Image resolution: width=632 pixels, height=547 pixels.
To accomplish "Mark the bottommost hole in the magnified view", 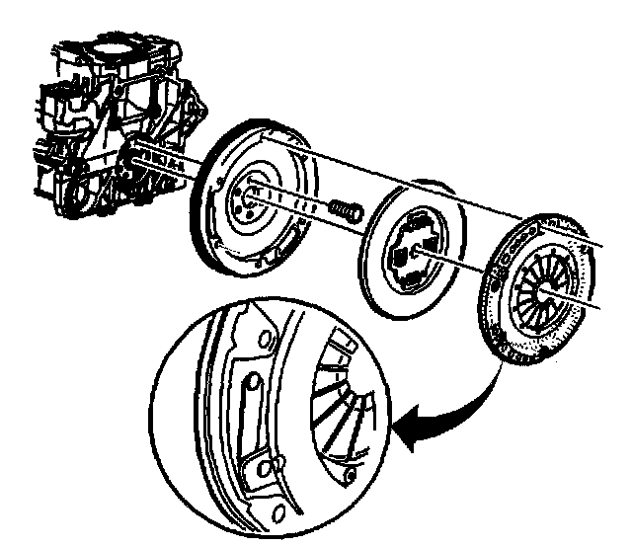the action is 279,511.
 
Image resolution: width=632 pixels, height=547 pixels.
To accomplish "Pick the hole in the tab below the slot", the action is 262,467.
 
